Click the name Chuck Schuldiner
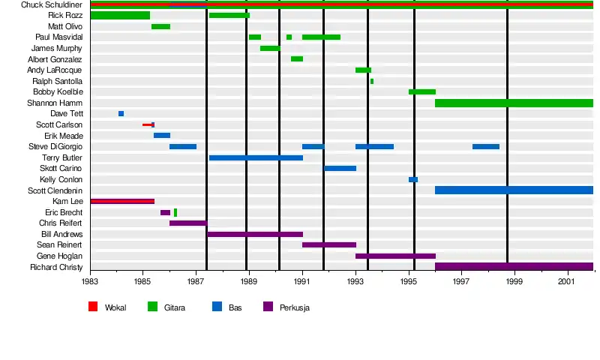coord(52,4)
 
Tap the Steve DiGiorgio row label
coord(55,146)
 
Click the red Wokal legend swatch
coord(93,307)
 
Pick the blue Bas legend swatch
coord(217,307)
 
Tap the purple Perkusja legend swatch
coord(268,307)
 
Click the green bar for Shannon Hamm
coord(514,103)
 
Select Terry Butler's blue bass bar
coord(256,157)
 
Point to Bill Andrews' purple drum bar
coord(255,234)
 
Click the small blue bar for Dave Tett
coord(121,114)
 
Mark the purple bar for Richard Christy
coord(514,266)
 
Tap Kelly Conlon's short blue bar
coord(413,179)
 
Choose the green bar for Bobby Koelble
coord(422,91)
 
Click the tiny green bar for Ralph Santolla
coord(372,81)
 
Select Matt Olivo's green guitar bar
coord(160,26)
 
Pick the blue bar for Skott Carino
coord(340,168)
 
